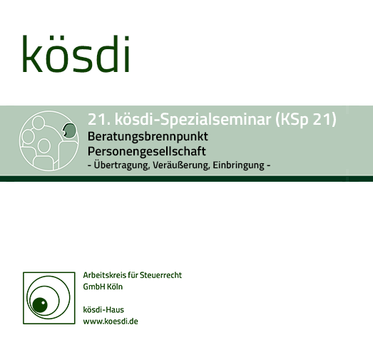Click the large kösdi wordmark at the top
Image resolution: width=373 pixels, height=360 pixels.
(x=76, y=53)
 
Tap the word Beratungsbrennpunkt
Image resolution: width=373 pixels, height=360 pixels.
(x=148, y=137)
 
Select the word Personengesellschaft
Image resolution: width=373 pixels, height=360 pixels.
(x=147, y=152)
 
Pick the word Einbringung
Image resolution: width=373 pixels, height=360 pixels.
(x=239, y=165)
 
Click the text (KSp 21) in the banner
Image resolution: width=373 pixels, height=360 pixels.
(x=306, y=119)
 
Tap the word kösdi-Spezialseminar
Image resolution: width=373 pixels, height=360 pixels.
(x=193, y=119)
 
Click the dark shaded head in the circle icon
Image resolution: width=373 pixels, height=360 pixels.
(x=70, y=130)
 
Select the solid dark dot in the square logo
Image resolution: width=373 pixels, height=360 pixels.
(x=40, y=305)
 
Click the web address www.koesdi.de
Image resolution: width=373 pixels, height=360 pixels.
(x=111, y=322)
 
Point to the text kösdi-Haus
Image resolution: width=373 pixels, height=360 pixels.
(x=103, y=309)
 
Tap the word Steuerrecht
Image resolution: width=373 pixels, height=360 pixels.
(x=160, y=275)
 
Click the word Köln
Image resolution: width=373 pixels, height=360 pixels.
(x=115, y=287)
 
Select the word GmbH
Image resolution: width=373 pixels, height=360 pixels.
(x=93, y=287)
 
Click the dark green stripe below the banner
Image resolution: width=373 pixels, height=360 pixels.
(x=187, y=179)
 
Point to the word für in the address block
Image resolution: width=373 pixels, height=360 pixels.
(x=133, y=275)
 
